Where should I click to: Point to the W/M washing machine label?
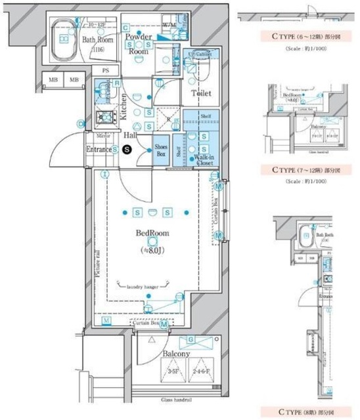click(x=169, y=25)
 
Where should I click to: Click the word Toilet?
click(x=201, y=94)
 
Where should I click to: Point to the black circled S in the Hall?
click(x=128, y=150)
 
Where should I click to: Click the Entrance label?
click(x=99, y=150)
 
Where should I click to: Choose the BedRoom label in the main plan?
click(x=152, y=234)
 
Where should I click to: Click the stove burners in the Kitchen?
click(x=103, y=119)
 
